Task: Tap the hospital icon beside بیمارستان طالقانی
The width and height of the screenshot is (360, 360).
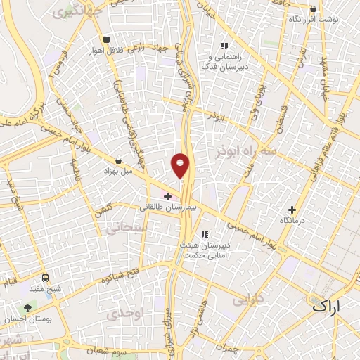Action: tap(167, 196)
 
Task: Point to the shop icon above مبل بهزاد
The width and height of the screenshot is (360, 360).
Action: tap(117, 160)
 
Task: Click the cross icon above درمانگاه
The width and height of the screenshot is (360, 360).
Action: tap(292, 210)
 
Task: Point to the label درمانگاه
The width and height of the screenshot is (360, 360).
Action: tap(292, 221)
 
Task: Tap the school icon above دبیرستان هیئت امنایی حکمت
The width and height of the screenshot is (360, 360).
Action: tap(205, 234)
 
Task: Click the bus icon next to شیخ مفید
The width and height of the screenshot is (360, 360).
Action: tap(46, 278)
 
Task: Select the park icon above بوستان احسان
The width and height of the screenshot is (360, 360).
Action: tap(28, 307)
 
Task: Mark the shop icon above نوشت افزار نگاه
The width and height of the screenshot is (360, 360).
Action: tap(313, 9)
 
